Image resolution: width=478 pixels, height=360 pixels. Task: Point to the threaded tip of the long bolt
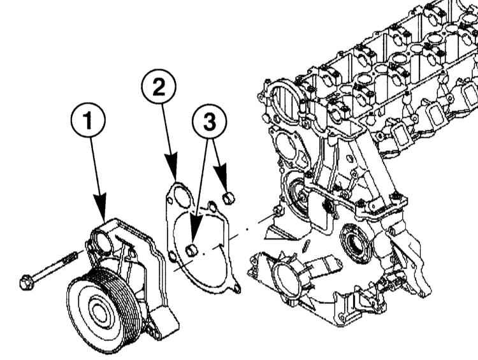point(76,256)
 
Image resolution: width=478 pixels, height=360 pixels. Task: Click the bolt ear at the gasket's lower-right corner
point(237,289)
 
